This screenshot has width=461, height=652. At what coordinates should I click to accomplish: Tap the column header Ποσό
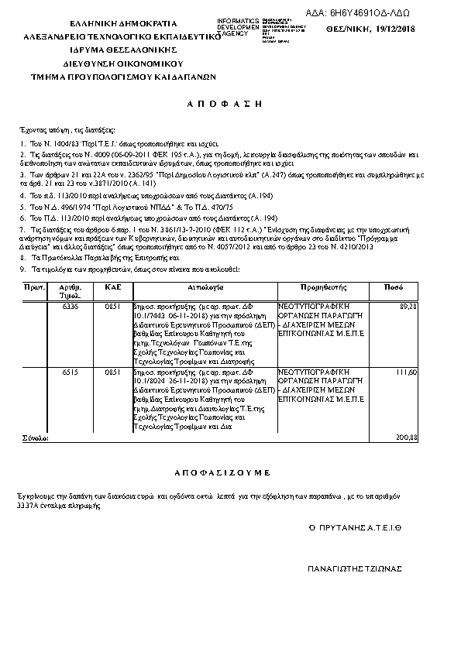click(393, 287)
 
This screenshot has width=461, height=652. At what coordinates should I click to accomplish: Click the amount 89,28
click(408, 307)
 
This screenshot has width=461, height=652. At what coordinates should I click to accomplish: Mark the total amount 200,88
click(406, 438)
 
